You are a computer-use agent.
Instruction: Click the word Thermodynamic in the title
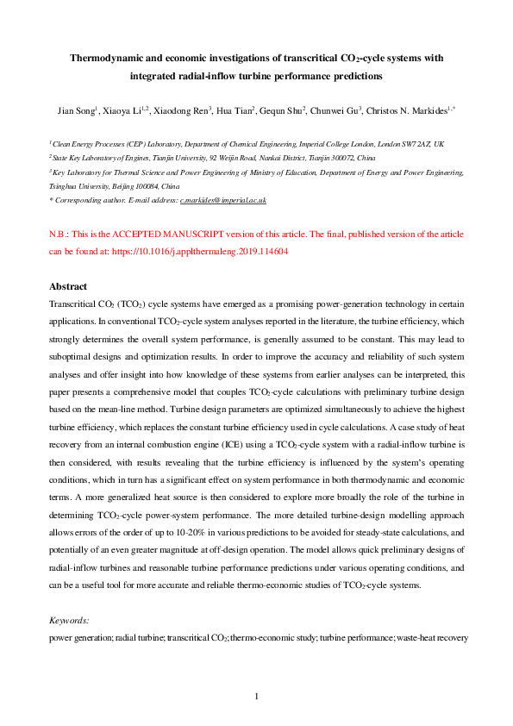(105, 58)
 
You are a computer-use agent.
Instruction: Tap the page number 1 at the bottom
(257, 696)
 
